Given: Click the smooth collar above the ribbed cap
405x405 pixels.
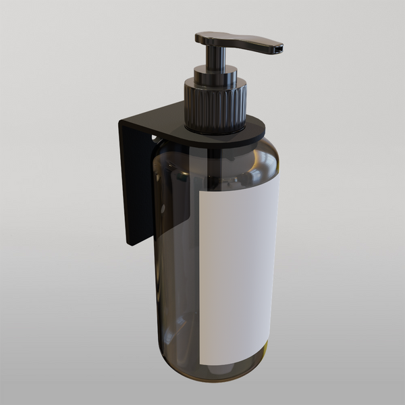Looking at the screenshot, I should click(x=215, y=74).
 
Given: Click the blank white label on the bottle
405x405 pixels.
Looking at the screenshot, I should click(x=238, y=270).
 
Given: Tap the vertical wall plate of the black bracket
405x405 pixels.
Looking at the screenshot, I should click(x=135, y=182).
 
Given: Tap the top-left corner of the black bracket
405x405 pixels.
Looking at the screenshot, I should click(x=122, y=122).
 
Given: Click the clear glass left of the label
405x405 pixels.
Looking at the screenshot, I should click(x=177, y=283).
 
